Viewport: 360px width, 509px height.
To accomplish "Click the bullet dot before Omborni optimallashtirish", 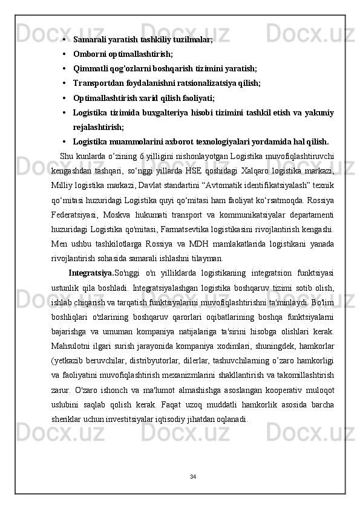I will (64, 54).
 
